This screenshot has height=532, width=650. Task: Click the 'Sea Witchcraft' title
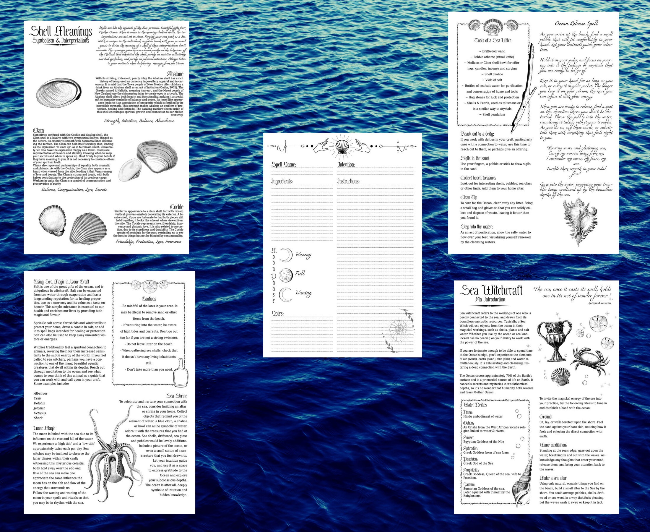point(492,291)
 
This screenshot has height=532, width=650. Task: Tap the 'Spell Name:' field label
point(284,165)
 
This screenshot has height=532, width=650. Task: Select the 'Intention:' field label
point(346,165)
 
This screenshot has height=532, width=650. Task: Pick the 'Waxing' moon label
point(303,255)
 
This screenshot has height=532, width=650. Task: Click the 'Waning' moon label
point(303,293)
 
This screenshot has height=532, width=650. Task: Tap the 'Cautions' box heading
point(149,299)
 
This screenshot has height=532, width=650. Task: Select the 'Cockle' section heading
point(177,207)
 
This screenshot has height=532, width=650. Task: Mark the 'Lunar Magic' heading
point(44,428)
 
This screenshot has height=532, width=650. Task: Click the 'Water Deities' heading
point(475,405)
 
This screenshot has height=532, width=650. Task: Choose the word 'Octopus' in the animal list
point(40,413)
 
